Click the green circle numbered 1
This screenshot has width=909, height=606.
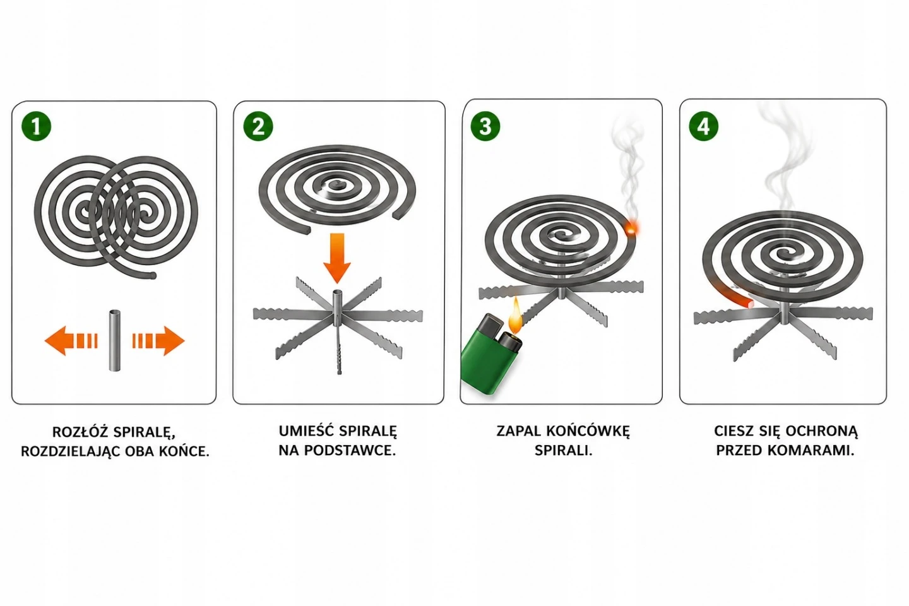click(36, 127)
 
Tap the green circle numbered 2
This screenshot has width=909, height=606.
click(258, 127)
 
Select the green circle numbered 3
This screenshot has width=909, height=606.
click(485, 126)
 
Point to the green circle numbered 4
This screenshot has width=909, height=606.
click(704, 126)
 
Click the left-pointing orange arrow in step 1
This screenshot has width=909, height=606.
click(71, 341)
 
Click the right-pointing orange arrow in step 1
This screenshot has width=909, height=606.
click(158, 341)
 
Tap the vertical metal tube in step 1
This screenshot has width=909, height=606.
click(115, 340)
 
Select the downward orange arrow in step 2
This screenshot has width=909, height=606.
click(337, 258)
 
